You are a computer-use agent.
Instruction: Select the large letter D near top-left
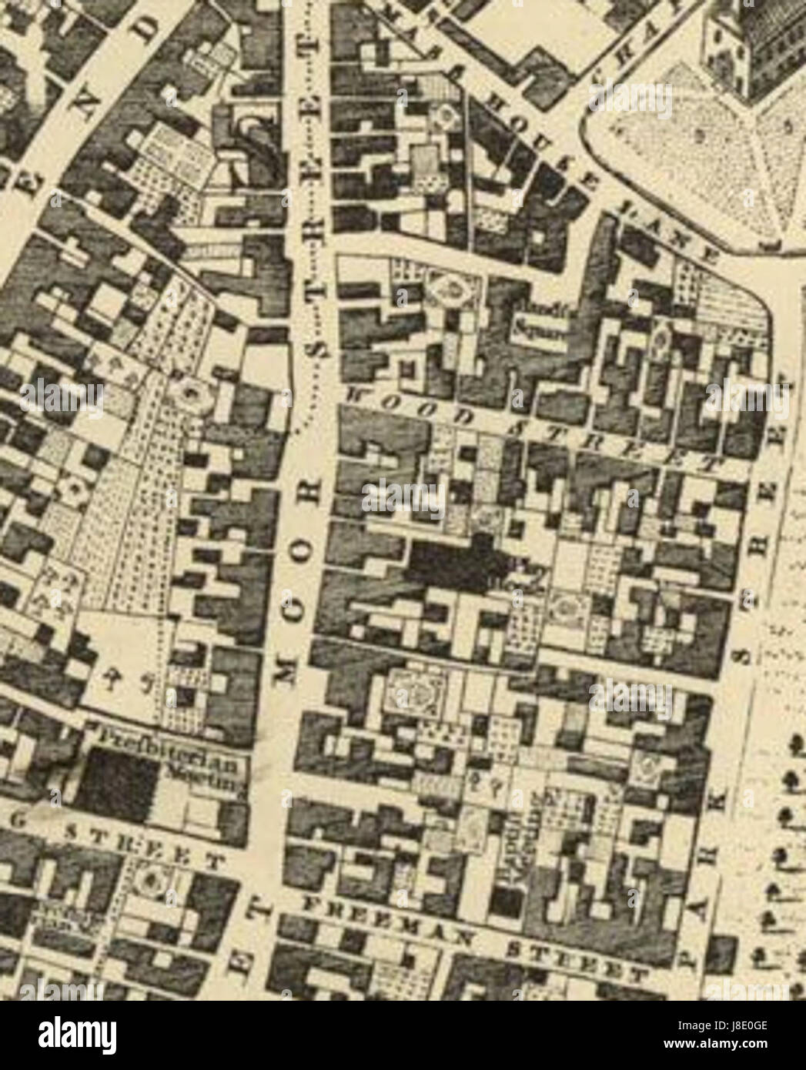tap(156, 33)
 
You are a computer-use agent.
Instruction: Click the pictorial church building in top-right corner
tap(758, 46)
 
